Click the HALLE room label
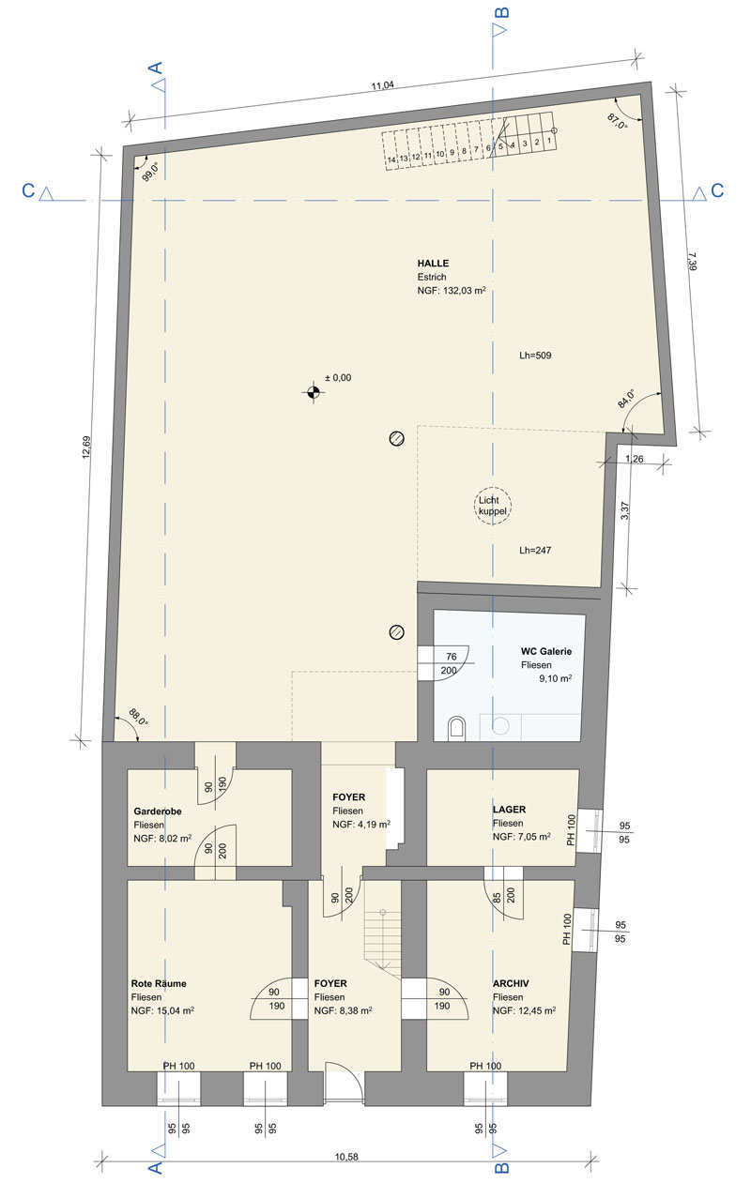(x=433, y=263)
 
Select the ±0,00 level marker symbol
(x=313, y=392)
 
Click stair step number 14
(x=391, y=159)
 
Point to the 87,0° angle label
(x=618, y=121)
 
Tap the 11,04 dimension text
(x=383, y=85)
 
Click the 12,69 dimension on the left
(x=86, y=447)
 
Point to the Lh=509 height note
(x=535, y=356)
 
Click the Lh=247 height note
(x=535, y=550)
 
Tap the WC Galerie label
(x=546, y=651)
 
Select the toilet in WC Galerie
(x=456, y=728)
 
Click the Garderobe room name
(x=158, y=811)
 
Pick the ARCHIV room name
(x=511, y=983)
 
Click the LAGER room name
(x=509, y=809)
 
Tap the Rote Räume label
(x=159, y=983)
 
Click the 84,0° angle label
(x=626, y=398)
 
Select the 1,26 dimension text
(x=635, y=459)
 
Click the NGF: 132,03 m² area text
(x=452, y=291)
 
